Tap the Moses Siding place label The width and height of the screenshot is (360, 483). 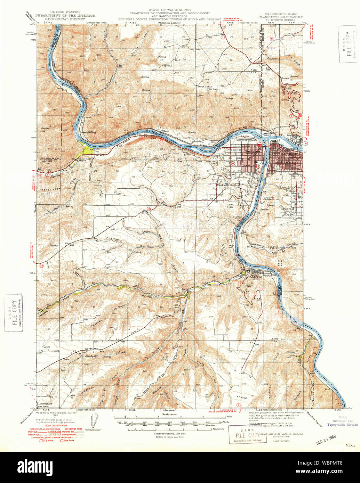pyautogui.click(x=88, y=132)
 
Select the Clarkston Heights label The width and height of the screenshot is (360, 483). pyautogui.click(x=228, y=185)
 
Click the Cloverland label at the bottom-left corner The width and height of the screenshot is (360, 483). pyautogui.click(x=44, y=403)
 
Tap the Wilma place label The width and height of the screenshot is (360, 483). pyautogui.click(x=165, y=131)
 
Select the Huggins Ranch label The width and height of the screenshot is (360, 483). pyautogui.click(x=274, y=247)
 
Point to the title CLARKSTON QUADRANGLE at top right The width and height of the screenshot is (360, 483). pyautogui.click(x=280, y=17)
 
